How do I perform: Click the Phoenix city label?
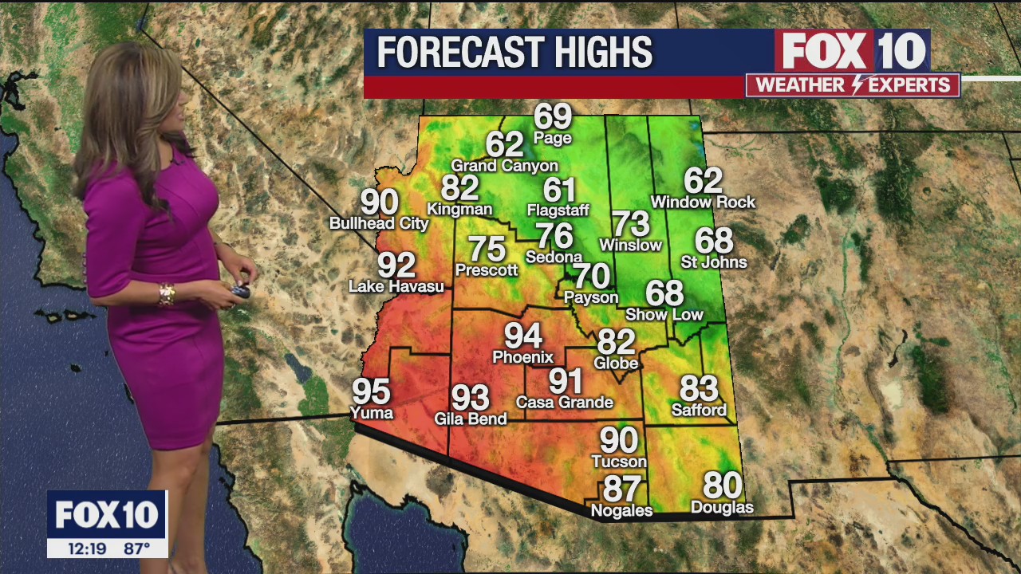[522, 357]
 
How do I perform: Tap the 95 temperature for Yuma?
[371, 391]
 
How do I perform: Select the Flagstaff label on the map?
[558, 210]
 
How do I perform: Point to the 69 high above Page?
[553, 116]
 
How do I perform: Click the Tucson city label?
[619, 462]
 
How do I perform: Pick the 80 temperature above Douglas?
[722, 485]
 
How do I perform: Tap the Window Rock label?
[703, 202]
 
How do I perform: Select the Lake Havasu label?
[396, 286]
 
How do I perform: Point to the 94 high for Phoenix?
[522, 336]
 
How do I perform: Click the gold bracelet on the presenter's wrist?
[166, 294]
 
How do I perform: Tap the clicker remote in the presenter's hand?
[240, 291]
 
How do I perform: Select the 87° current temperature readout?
[136, 548]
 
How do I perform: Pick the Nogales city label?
[621, 510]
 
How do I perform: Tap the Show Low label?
[664, 315]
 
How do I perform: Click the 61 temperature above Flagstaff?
[559, 190]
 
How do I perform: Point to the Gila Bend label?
[470, 419]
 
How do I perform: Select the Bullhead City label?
[379, 224]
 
